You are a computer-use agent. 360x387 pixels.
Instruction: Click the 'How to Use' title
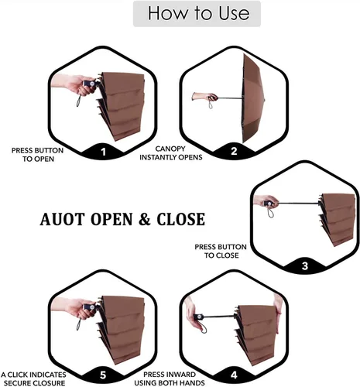pyautogui.click(x=198, y=13)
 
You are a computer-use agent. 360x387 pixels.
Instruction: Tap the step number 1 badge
pyautogui.click(x=103, y=152)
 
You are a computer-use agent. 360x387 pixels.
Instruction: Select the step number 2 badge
pyautogui.click(x=234, y=151)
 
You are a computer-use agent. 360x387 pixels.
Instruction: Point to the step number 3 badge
pyautogui.click(x=305, y=265)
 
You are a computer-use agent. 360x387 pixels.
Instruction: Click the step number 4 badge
pyautogui.click(x=234, y=375)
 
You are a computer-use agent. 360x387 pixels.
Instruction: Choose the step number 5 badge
pyautogui.click(x=103, y=375)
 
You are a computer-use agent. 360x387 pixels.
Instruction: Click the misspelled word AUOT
pyautogui.click(x=62, y=219)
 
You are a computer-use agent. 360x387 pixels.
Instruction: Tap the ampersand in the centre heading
pyautogui.click(x=145, y=219)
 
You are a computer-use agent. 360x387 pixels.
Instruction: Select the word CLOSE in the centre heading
pyautogui.click(x=181, y=219)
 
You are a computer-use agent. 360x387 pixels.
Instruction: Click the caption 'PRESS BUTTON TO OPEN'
pyautogui.click(x=38, y=155)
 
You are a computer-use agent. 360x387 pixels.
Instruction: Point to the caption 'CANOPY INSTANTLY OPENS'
pyautogui.click(x=171, y=153)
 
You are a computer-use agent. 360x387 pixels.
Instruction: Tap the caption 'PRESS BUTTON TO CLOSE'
pyautogui.click(x=221, y=251)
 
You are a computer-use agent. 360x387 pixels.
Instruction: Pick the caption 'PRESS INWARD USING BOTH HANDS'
pyautogui.click(x=170, y=378)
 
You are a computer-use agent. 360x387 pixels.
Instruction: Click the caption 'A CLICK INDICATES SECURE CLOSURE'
pyautogui.click(x=33, y=378)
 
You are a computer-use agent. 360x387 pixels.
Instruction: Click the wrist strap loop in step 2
pyautogui.click(x=211, y=104)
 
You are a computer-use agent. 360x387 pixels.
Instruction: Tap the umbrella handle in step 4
pyautogui.click(x=199, y=317)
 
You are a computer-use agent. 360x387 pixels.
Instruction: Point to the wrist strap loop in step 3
pyautogui.click(x=270, y=212)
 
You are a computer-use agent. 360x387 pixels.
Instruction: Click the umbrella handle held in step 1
pyautogui.click(x=89, y=84)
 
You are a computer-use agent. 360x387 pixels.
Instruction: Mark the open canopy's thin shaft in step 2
pyautogui.click(x=230, y=98)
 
